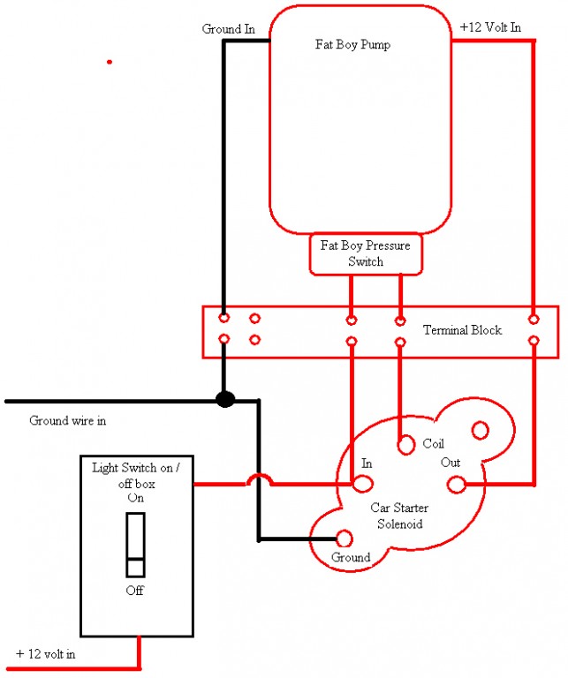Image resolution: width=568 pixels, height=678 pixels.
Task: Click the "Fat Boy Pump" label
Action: point(352,44)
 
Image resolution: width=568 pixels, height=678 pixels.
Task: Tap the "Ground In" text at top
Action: point(229,29)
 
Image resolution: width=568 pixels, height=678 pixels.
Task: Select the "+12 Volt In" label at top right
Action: point(490,27)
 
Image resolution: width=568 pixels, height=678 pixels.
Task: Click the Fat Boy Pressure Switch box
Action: point(366,254)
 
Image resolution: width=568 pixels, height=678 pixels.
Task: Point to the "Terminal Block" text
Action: point(462,330)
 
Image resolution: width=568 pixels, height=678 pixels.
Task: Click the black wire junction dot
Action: point(225,399)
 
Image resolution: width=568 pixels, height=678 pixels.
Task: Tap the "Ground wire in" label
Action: point(67,420)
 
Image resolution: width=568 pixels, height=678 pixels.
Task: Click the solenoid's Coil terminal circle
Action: point(406,445)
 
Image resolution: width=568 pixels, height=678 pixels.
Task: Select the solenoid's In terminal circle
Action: point(362,484)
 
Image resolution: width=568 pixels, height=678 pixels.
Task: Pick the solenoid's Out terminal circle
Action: point(457,485)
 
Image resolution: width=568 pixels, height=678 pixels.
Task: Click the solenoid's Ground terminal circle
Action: point(345,539)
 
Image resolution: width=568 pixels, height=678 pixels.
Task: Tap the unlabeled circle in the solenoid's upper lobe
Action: point(481,430)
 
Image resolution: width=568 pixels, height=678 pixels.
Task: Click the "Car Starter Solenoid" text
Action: point(399,516)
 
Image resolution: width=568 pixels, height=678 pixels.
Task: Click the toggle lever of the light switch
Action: point(135,545)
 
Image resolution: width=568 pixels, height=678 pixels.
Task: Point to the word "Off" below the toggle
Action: point(134,591)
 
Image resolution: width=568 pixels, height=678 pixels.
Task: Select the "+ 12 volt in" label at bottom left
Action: point(45,654)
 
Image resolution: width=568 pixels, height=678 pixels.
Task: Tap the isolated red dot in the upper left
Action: point(110,63)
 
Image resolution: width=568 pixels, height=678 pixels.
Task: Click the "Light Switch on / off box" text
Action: point(136,475)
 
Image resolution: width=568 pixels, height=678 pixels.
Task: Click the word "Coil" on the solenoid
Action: point(433,443)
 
